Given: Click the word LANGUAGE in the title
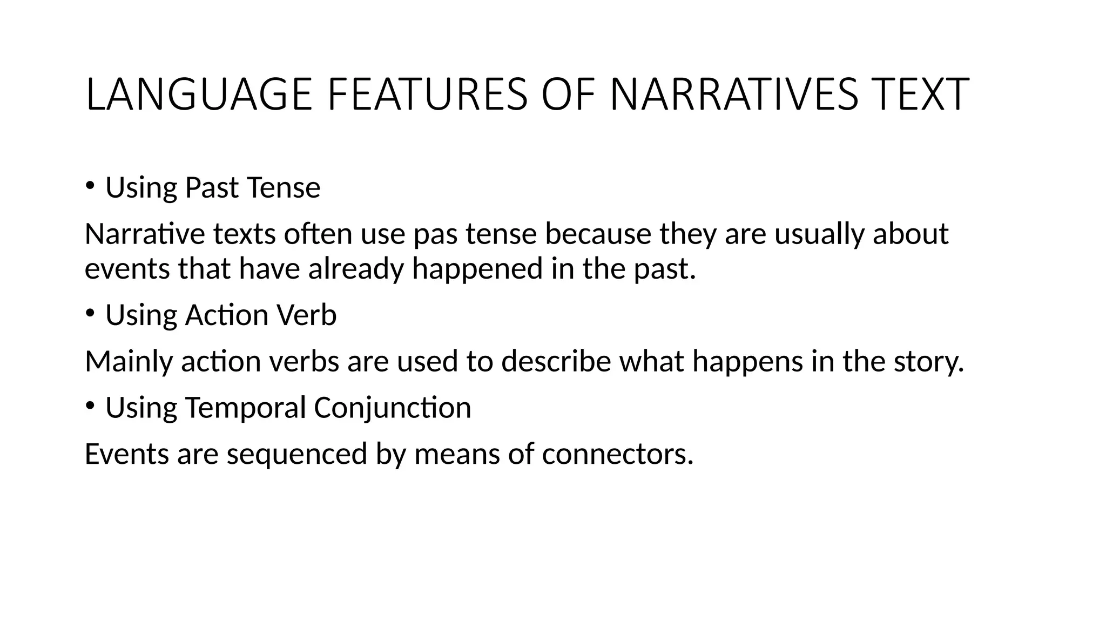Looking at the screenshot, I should coord(199,95).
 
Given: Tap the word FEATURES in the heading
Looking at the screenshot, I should coord(427,95).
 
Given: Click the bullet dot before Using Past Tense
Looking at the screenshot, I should coord(90,186).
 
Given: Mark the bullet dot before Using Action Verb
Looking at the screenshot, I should coord(90,313).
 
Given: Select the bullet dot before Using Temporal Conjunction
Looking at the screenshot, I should coord(90,405).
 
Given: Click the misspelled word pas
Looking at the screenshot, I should coord(435,234).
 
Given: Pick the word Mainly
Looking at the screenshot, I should coord(129,362).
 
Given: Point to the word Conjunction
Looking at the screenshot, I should coord(393,408).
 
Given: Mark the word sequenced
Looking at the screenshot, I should coord(297,454).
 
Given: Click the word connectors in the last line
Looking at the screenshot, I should coord(617,454).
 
